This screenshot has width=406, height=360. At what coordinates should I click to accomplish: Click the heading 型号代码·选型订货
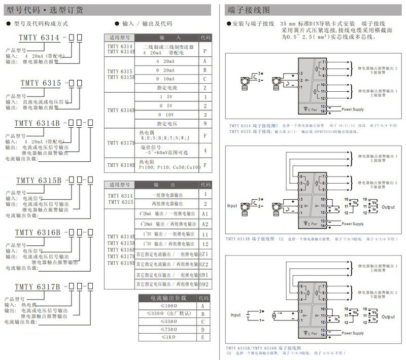(x=46, y=10)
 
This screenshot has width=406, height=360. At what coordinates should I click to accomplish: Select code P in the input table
(x=205, y=51)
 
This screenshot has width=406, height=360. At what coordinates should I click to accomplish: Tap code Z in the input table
(x=205, y=88)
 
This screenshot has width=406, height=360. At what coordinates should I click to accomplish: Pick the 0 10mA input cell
(x=165, y=79)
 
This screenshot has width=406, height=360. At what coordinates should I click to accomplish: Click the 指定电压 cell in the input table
(x=165, y=123)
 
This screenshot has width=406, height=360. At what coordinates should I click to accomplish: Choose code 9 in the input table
(x=205, y=123)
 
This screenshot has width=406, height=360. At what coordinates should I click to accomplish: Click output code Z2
(x=205, y=264)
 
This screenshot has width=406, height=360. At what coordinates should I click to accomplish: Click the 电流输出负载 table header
(x=168, y=298)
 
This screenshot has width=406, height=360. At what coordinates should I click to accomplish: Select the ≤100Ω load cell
(x=168, y=306)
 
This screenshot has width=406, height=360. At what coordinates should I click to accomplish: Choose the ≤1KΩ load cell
(x=168, y=337)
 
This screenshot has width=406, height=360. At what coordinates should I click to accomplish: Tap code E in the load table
(x=202, y=337)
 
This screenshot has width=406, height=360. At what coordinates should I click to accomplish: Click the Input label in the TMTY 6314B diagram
(x=232, y=206)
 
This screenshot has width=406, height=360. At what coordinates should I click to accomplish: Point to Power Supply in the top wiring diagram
(x=352, y=110)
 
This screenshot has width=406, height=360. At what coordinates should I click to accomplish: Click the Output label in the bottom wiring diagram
(x=388, y=317)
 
